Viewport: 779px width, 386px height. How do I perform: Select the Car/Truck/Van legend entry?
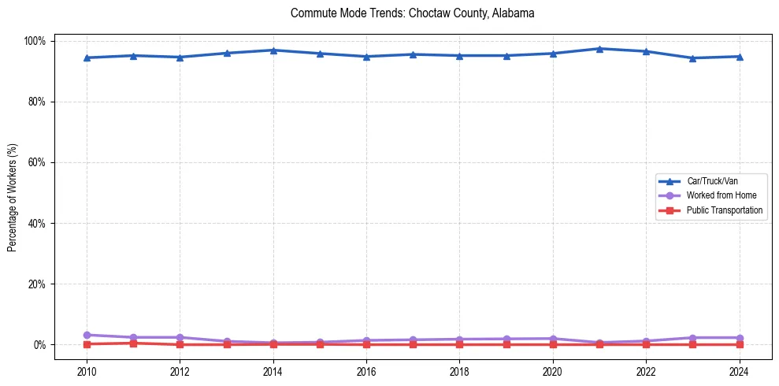(711, 181)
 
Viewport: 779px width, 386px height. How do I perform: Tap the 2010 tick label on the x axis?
(87, 372)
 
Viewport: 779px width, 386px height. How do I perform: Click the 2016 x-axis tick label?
(366, 372)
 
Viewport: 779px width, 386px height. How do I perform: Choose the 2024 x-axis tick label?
(739, 372)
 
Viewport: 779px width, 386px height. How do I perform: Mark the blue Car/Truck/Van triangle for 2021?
(599, 49)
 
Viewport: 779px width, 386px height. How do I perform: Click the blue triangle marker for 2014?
(273, 50)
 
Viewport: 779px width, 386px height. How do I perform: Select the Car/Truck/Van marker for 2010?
(87, 58)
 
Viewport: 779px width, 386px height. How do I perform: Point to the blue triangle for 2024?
(739, 57)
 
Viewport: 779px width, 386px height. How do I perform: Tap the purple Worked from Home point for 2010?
(87, 335)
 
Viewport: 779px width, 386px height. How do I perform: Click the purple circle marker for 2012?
(180, 337)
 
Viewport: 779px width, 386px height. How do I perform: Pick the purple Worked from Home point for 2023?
(692, 338)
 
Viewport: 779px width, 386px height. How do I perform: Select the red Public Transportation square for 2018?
(459, 344)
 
